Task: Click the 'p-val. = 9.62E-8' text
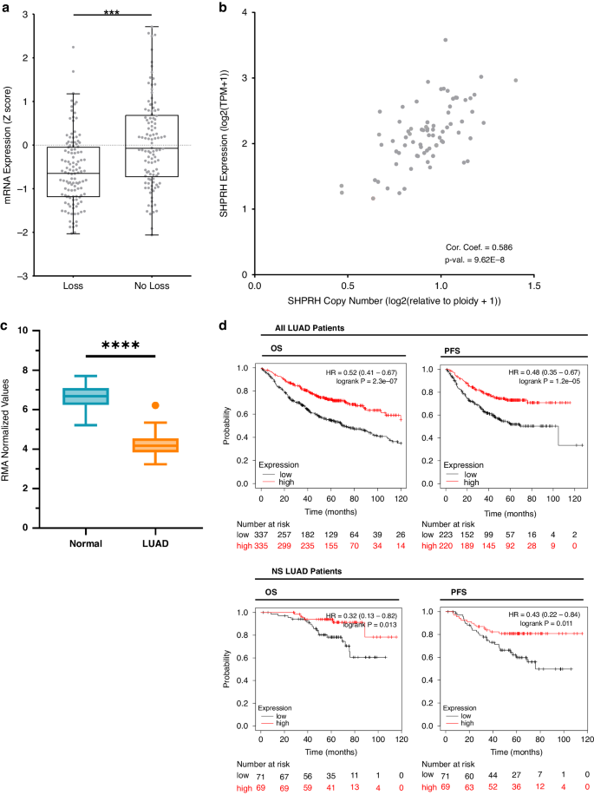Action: pos(475,260)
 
